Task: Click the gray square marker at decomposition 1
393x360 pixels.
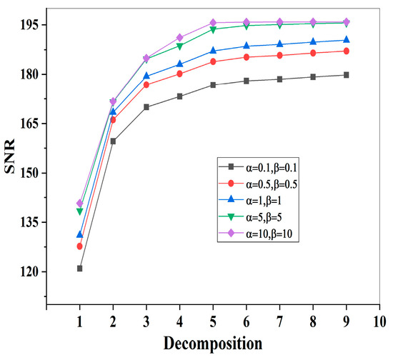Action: coord(79,269)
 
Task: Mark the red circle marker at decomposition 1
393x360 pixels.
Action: coord(79,246)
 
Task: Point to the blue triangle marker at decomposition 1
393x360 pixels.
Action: coord(79,234)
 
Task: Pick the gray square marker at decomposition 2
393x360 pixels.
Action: coord(113,141)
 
